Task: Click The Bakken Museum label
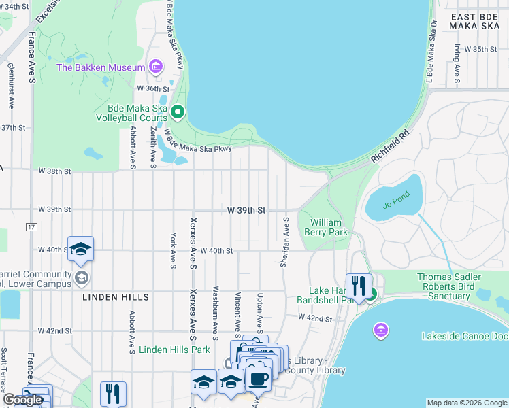[x=101, y=67]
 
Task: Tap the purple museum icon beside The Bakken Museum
[x=157, y=67]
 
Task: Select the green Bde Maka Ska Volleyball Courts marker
[x=178, y=112]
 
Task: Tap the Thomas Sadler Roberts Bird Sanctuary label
[x=459, y=287]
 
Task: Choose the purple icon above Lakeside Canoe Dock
[x=381, y=330]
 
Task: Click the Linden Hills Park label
[x=175, y=350]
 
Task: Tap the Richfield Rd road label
[x=390, y=146]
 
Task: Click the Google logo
[x=22, y=400]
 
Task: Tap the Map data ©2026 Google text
[x=466, y=403]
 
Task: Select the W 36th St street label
[x=152, y=89]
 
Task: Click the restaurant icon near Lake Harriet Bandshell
[x=359, y=286]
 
